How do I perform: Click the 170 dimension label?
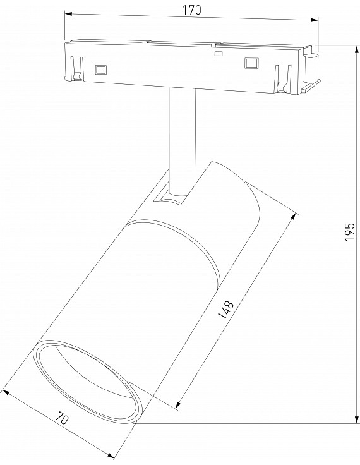[x=191, y=10]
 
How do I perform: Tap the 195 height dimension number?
[x=350, y=232]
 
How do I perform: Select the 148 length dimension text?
[x=226, y=310]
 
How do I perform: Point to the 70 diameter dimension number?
[x=62, y=418]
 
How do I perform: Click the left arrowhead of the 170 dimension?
[x=68, y=14]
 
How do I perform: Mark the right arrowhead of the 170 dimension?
[x=315, y=20]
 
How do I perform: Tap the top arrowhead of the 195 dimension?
[x=356, y=49]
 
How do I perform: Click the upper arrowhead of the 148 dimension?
[x=294, y=217]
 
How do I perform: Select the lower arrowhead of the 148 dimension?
[x=178, y=405]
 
